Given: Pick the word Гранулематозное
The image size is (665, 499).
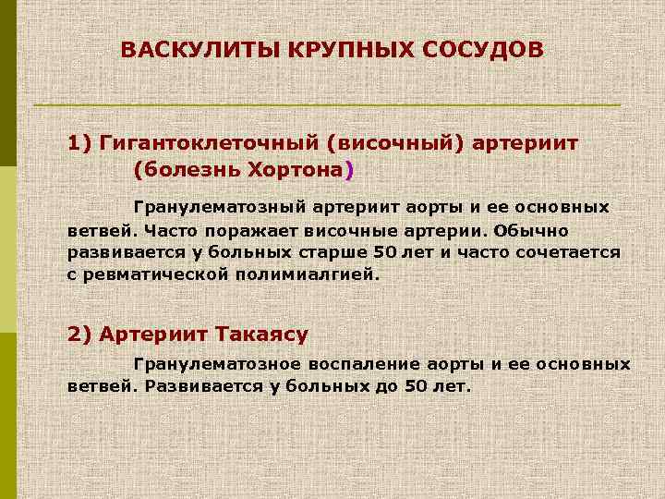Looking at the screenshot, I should point(214,364).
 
